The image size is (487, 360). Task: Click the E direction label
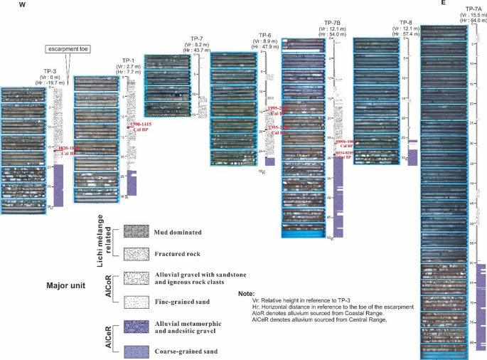coord(443,3)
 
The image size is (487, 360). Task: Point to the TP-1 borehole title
coord(129,60)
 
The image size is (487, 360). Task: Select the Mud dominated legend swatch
coord(135,231)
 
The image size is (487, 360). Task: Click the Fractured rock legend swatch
coord(135,253)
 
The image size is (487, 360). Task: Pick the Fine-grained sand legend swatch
coord(135,301)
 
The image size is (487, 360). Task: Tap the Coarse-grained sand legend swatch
coord(135,350)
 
